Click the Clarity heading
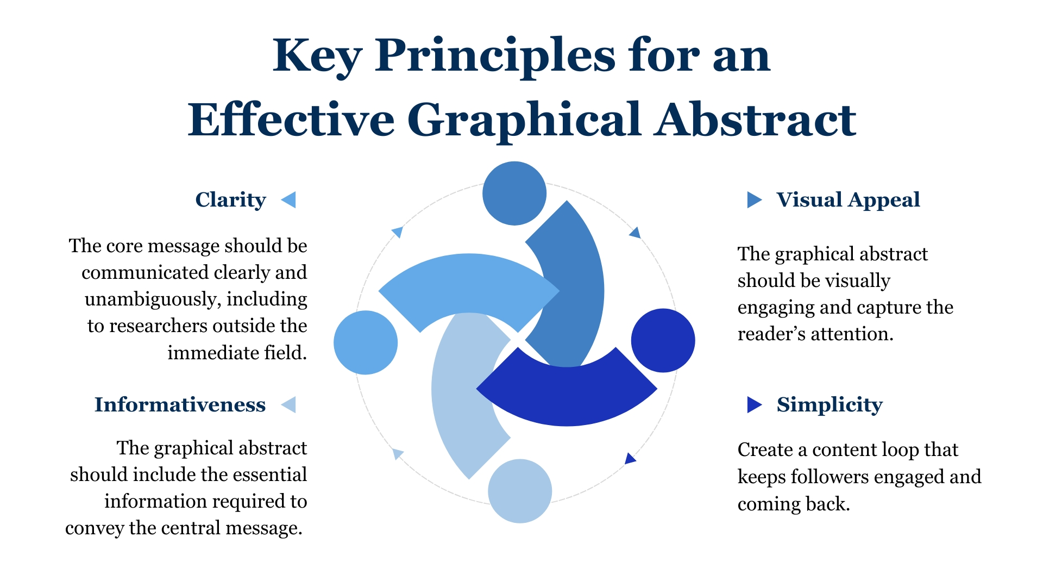230,200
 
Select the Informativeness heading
180,405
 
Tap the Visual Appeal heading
848,200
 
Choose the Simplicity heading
830,405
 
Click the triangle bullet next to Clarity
288,199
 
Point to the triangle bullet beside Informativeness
288,404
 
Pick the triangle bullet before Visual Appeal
755,199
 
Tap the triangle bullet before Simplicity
755,404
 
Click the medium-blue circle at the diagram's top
514,193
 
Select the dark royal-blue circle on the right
663,340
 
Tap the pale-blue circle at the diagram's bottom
520,491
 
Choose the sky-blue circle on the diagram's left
366,342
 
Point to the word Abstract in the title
755,119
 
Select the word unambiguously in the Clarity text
153,299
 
